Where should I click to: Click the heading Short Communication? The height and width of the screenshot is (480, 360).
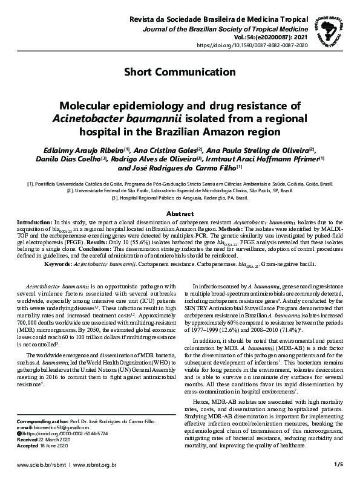click(x=180, y=73)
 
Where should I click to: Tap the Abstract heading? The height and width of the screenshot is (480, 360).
click(x=180, y=214)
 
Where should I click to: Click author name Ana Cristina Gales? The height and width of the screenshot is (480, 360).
click(x=166, y=150)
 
